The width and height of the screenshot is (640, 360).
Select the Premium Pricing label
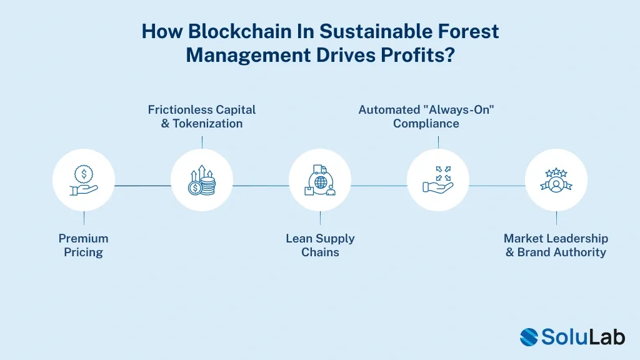pyautogui.click(x=84, y=245)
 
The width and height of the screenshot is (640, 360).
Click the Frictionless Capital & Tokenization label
pyautogui.click(x=202, y=116)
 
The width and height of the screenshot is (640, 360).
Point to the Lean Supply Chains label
pyautogui.click(x=320, y=245)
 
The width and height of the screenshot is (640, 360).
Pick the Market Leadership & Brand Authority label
pyautogui.click(x=556, y=245)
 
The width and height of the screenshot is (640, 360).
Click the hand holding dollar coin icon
pyautogui.click(x=84, y=180)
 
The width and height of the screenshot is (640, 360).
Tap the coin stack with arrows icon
pyautogui.click(x=202, y=180)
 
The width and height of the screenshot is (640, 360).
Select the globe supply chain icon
pyautogui.click(x=320, y=180)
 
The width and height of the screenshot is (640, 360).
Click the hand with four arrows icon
pyautogui.click(x=438, y=180)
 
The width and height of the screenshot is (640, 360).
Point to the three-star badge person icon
pyautogui.click(x=556, y=180)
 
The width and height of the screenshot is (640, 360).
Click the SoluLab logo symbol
pyautogui.click(x=529, y=337)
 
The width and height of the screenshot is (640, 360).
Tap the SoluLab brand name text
pyautogui.click(x=582, y=337)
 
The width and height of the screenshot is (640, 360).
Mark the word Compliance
pyautogui.click(x=426, y=123)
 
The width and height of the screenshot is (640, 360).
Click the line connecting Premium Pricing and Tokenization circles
pyautogui.click(x=142, y=186)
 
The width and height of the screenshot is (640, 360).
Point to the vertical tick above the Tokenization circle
pyautogui.click(x=202, y=142)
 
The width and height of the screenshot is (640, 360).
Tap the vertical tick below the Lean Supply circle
pyautogui.click(x=320, y=217)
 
